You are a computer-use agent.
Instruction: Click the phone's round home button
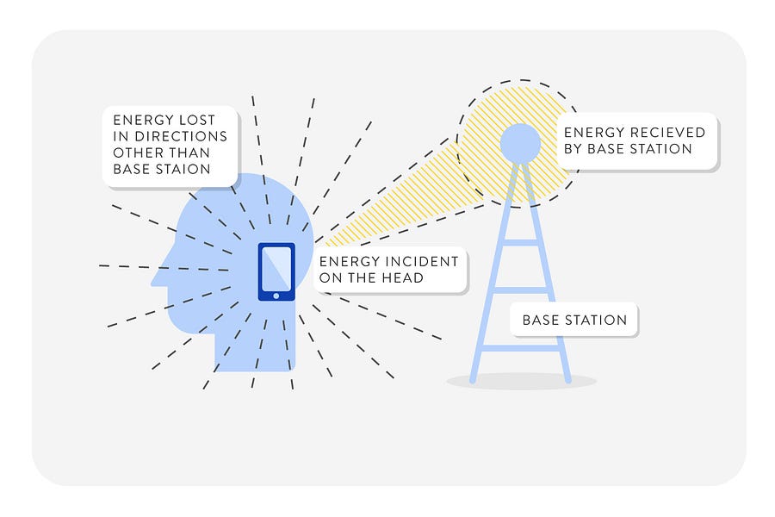click(x=276, y=296)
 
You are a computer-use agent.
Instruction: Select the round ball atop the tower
click(x=520, y=142)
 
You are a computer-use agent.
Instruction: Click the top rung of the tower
click(x=520, y=243)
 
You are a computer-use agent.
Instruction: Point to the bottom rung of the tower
click(x=520, y=348)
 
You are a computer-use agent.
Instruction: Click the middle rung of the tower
click(x=520, y=290)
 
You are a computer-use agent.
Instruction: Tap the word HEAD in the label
click(x=404, y=277)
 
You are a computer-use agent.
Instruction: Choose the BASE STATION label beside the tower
click(x=574, y=320)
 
